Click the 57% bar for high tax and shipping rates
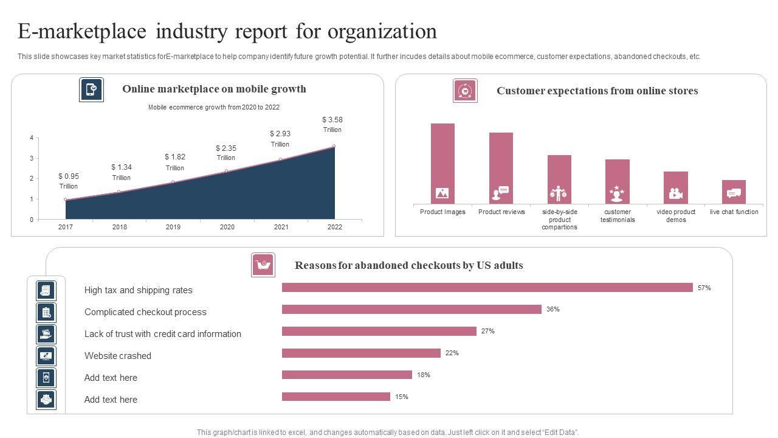point(487,288)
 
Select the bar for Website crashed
point(361,353)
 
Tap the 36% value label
point(553,310)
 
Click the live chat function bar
point(734,192)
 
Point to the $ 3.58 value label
point(332,120)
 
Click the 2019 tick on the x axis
point(173,228)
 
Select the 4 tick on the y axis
point(32,138)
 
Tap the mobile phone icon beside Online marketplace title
point(91,89)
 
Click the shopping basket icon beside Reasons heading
point(263,265)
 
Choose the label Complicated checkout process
point(145,312)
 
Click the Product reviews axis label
point(501,212)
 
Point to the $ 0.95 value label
point(69,176)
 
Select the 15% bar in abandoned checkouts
point(336,397)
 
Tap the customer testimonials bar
point(618,181)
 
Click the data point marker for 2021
point(280,159)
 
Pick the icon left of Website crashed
point(46,356)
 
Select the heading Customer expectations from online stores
point(597,91)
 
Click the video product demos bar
point(676,187)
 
